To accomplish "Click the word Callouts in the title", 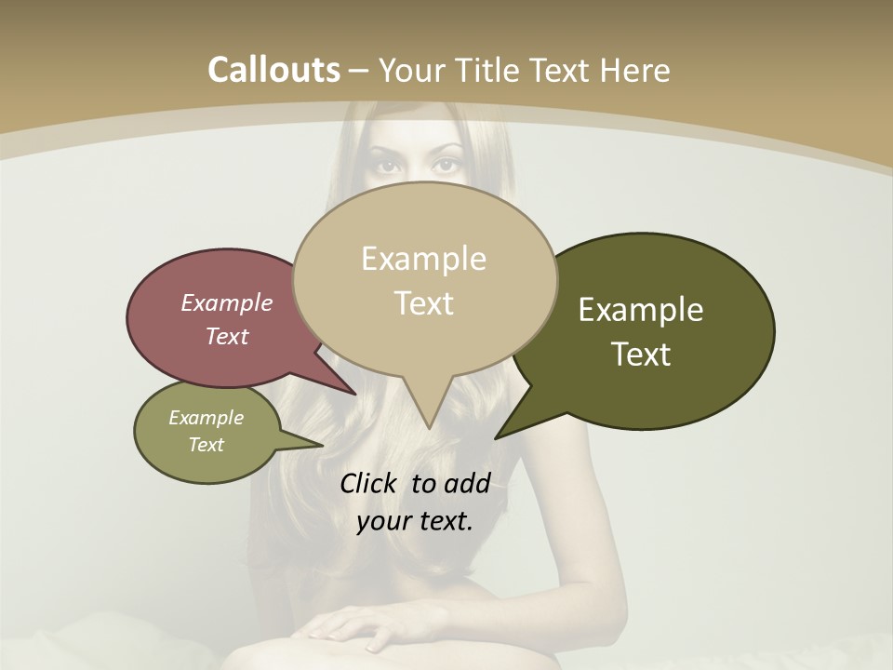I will pyautogui.click(x=273, y=70).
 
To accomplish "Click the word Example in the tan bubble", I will pyautogui.click(x=423, y=259).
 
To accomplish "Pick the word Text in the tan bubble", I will pyautogui.click(x=423, y=303).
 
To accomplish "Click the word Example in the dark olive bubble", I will pyautogui.click(x=641, y=310).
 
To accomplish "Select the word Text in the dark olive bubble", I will pyautogui.click(x=641, y=355).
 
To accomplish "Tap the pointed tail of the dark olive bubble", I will pyautogui.click(x=499, y=435).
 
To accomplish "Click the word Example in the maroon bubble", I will pyautogui.click(x=226, y=303).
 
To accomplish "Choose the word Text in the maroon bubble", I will pyautogui.click(x=226, y=337).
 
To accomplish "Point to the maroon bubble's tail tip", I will pyautogui.click(x=354, y=393).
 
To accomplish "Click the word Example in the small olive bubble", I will pyautogui.click(x=206, y=418).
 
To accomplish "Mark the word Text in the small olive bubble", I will pyautogui.click(x=206, y=445).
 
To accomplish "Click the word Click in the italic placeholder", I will pyautogui.click(x=370, y=484).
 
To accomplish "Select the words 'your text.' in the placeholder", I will pyautogui.click(x=415, y=521).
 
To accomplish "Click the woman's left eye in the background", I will pyautogui.click(x=447, y=166).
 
